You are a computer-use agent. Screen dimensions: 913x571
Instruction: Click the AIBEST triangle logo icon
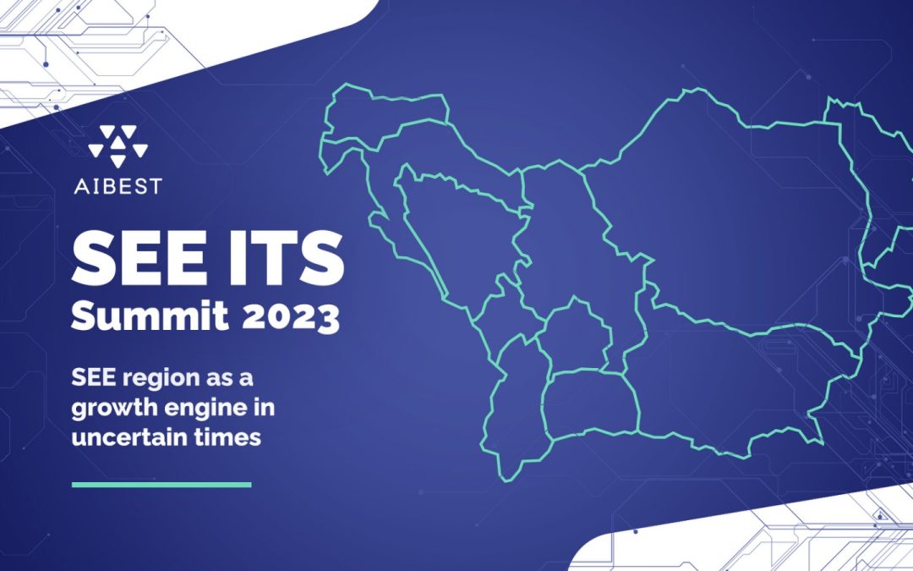click(x=118, y=146)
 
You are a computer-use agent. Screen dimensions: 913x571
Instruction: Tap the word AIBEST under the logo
click(x=118, y=186)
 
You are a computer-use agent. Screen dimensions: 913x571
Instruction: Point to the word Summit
click(x=150, y=316)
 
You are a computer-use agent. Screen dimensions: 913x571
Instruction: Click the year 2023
click(x=291, y=317)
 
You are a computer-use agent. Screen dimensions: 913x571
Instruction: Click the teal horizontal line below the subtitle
click(x=161, y=485)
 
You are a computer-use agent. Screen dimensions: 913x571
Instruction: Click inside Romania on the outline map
click(x=728, y=222)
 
